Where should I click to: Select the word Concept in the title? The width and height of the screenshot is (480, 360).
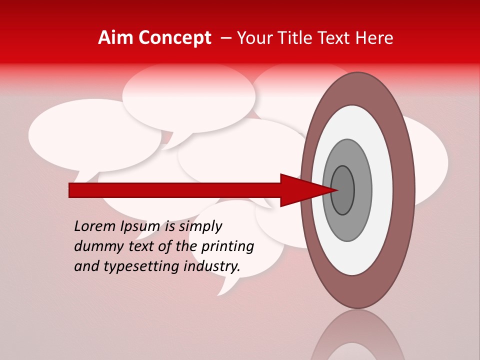[x=174, y=38]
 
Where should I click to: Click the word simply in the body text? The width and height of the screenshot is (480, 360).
[x=200, y=226]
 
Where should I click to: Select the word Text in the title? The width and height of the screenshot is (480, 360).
[x=336, y=38]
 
